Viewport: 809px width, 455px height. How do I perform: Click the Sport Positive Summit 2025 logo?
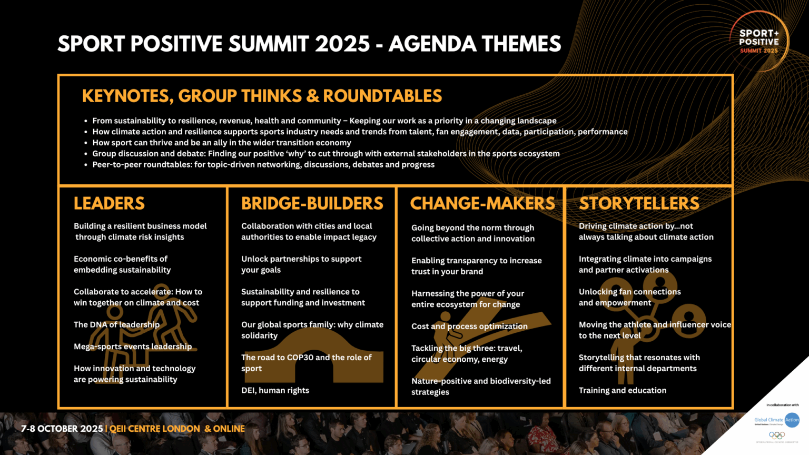(758, 41)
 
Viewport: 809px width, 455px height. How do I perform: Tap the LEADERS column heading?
(109, 203)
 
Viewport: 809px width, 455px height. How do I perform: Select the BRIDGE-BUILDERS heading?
(312, 203)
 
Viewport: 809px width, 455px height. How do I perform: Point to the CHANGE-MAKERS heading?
(482, 203)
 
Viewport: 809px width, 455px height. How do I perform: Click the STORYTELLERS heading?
(639, 203)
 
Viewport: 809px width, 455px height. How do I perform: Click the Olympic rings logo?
(776, 435)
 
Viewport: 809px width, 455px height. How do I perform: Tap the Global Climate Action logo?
(777, 420)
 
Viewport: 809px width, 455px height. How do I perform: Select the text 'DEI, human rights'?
(275, 390)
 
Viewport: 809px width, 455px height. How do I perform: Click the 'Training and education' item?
(622, 390)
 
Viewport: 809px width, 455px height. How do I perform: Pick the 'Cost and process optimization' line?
(469, 327)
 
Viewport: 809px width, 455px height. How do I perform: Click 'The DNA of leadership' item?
(116, 325)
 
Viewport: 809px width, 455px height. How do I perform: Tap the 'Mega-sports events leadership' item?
(133, 347)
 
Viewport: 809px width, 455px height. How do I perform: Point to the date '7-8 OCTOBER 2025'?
(62, 429)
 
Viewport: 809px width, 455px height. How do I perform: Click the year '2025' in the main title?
(342, 44)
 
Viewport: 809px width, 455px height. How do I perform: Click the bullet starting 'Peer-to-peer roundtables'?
(263, 165)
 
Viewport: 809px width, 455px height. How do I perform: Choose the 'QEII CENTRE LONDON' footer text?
(154, 429)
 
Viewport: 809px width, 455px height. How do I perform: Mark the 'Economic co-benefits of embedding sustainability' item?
(122, 264)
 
